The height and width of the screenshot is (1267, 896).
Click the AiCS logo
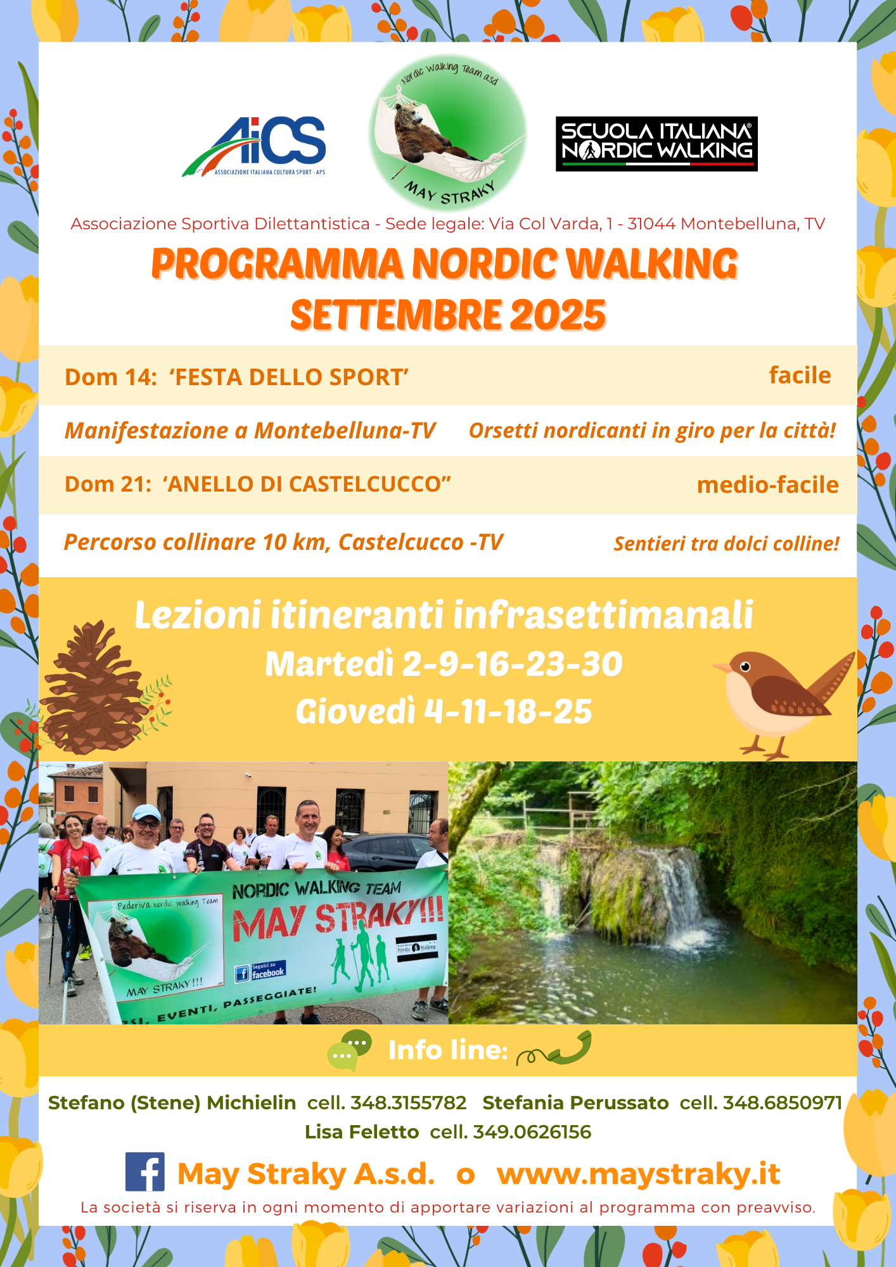coord(254,146)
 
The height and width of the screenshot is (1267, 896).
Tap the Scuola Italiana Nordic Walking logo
coord(656,144)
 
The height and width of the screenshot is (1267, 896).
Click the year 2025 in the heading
coord(558,315)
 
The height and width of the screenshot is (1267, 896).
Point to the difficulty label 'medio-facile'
coord(767,485)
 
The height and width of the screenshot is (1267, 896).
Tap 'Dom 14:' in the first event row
coord(111,377)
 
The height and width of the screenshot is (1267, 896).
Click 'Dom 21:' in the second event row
coord(108,484)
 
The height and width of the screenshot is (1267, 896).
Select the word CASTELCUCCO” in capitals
coord(370,484)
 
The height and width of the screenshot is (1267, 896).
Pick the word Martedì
coord(330,664)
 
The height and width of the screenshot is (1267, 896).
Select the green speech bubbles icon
coord(349,1050)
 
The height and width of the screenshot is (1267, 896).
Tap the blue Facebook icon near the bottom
coord(145,1171)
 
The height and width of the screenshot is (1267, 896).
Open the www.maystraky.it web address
coord(638,1174)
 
